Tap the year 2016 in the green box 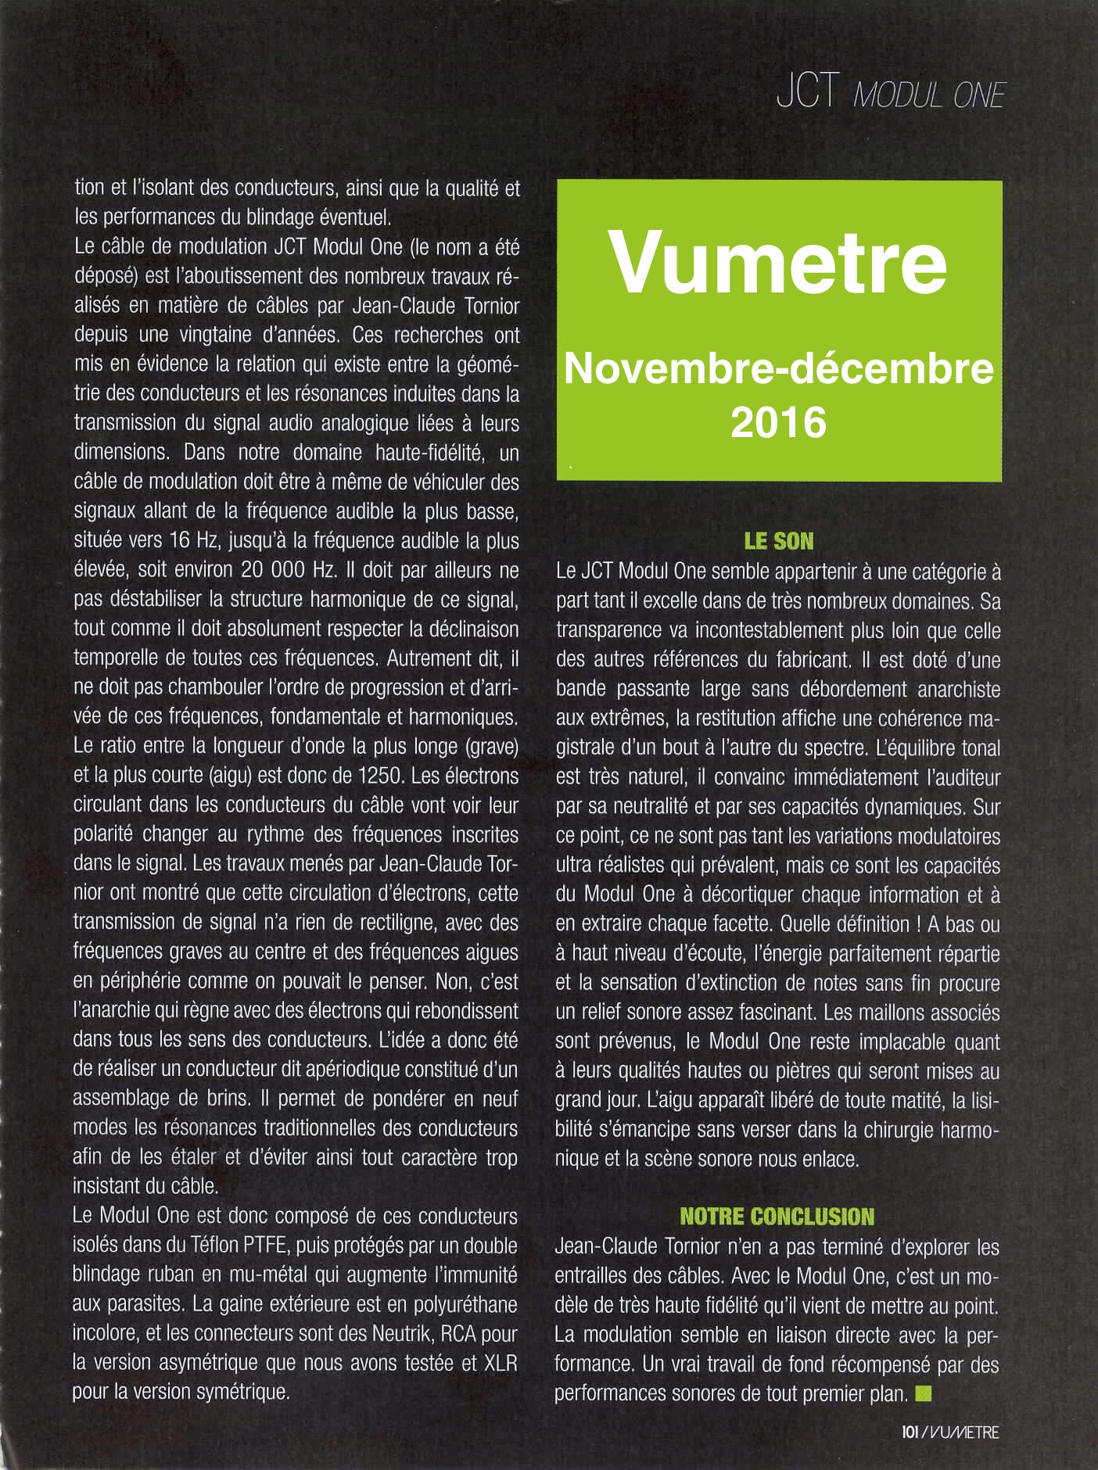coord(778,423)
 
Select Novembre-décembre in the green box coord(778,370)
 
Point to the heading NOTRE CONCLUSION coord(777,1216)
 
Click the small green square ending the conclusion coord(924,1393)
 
